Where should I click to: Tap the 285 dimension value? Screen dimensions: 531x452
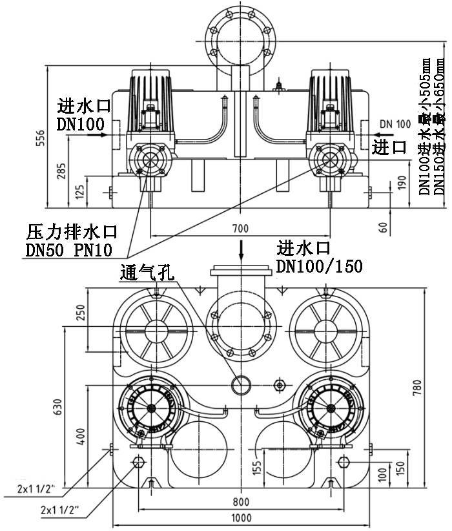pos(61,170)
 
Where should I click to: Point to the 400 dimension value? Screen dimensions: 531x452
pos(81,437)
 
